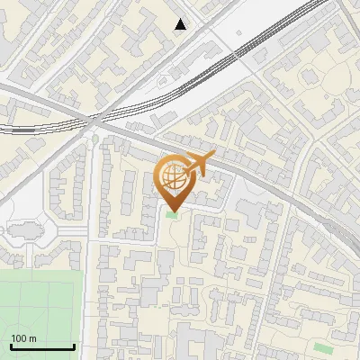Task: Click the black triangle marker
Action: pos(181,24)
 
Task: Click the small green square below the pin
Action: pos(173,214)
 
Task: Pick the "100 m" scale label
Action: pos(23,338)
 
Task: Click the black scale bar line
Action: pos(42,346)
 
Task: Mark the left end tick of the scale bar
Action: pos(11,345)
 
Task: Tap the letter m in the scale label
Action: pos(32,338)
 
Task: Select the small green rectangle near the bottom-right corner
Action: pos(323,346)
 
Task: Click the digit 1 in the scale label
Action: pos(13,338)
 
